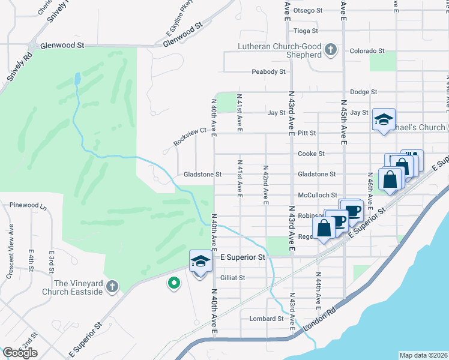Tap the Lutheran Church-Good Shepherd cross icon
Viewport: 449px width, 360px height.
tap(330, 48)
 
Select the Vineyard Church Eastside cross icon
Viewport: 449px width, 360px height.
tap(112, 287)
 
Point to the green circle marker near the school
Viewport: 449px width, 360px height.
tap(174, 283)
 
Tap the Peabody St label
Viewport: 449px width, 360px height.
tap(268, 71)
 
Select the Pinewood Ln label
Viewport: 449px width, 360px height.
tap(28, 205)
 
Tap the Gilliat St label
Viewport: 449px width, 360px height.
tap(233, 278)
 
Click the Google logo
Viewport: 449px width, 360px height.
tap(20, 353)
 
